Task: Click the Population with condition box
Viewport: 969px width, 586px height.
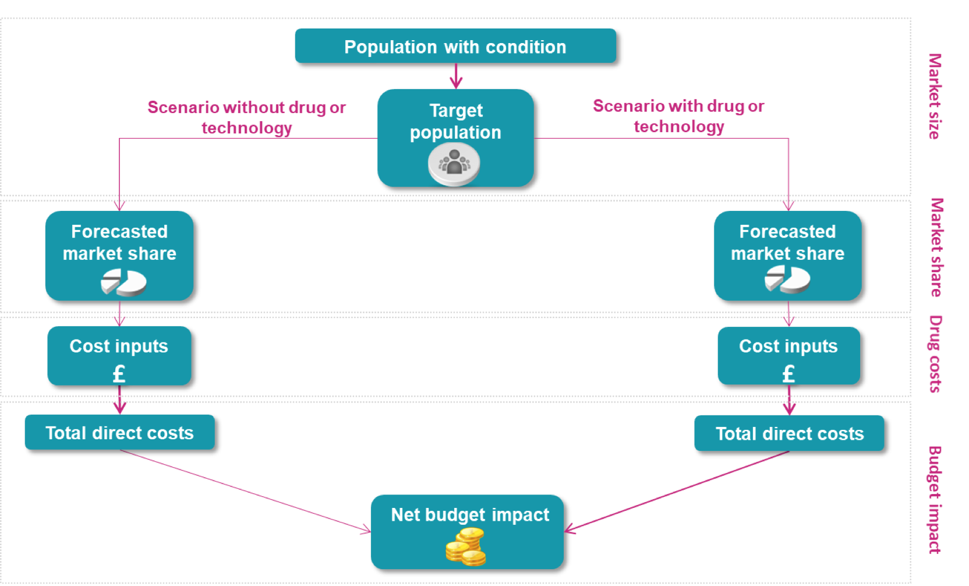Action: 455,46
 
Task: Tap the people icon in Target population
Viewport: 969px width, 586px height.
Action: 454,163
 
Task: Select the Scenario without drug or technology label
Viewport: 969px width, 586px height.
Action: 246,117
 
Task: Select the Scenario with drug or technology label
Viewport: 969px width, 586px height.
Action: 678,116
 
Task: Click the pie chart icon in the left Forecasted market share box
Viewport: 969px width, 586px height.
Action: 123,282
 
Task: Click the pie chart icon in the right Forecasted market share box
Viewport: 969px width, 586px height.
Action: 787,279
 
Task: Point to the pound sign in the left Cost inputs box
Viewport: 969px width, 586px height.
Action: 119,373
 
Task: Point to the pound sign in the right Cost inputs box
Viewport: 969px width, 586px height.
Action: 788,373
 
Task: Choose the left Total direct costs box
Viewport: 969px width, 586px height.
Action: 119,432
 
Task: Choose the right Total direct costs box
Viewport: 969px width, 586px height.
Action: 789,433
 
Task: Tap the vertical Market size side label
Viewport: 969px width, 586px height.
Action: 935,96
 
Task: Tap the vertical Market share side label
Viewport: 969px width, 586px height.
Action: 936,247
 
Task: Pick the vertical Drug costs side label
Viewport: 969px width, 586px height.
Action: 935,354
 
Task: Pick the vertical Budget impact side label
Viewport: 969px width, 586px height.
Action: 935,499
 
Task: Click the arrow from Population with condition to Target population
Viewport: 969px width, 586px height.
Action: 456,76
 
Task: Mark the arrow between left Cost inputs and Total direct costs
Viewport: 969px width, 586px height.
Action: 119,400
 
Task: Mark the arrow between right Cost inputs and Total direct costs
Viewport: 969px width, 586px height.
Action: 789,400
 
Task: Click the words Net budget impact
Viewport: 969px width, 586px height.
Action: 469,515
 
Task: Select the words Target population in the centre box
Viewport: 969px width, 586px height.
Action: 455,121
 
